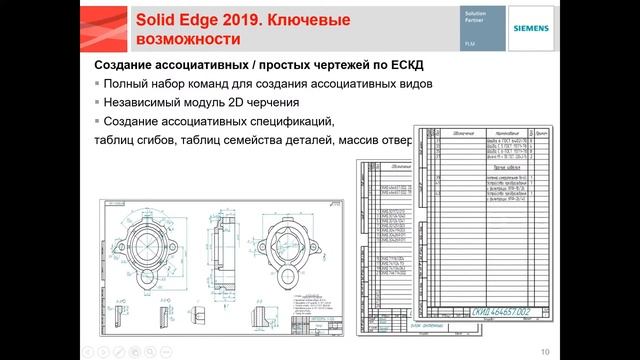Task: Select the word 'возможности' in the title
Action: (185, 40)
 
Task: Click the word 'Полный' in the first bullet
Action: (125, 84)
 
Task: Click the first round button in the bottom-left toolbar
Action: (86, 351)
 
